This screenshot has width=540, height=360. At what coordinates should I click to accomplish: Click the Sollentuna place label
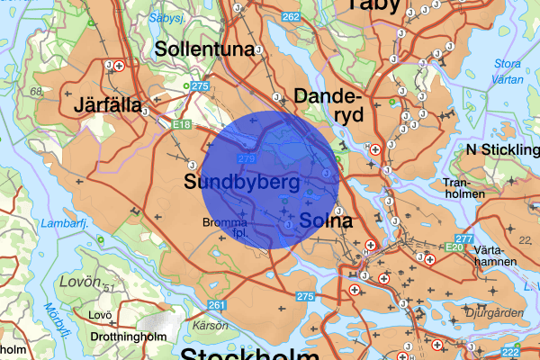click(203, 49)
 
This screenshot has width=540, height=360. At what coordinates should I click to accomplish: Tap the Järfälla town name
click(109, 105)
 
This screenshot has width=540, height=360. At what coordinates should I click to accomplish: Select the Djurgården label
click(494, 312)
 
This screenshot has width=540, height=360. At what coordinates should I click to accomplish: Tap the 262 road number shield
click(291, 17)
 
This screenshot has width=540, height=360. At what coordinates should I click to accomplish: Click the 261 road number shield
click(216, 305)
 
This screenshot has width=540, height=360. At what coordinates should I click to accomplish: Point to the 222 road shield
click(511, 352)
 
